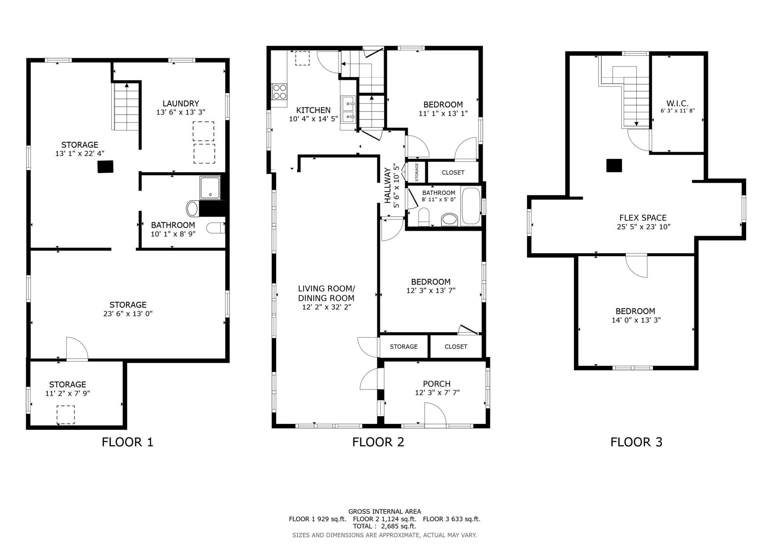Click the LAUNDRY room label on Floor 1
click(x=181, y=104)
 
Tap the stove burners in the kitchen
click(x=279, y=91)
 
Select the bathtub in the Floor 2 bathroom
click(x=471, y=206)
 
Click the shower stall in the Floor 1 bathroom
click(x=210, y=188)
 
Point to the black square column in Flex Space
click(x=614, y=165)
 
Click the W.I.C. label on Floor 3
click(x=677, y=104)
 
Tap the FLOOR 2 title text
click(x=378, y=442)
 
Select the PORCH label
click(x=436, y=384)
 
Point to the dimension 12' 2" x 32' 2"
click(x=326, y=307)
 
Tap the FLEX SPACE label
click(x=643, y=218)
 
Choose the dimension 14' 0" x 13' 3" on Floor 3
click(x=636, y=320)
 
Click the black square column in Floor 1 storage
click(x=105, y=167)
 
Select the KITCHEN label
click(x=313, y=110)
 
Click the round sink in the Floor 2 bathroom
click(x=449, y=220)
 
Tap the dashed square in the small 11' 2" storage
click(x=66, y=415)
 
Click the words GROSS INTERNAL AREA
click(x=385, y=511)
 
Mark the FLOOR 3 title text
click(x=636, y=442)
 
